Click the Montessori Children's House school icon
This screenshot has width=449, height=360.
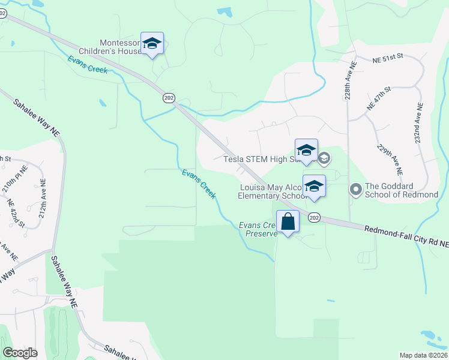[152, 43]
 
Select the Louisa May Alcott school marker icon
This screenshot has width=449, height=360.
[314, 186]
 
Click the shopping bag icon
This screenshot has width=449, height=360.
[288, 221]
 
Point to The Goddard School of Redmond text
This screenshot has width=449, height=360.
[401, 190]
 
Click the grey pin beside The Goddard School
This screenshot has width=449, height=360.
[355, 190]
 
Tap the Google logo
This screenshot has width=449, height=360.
[20, 353]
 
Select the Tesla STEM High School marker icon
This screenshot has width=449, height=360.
[306, 150]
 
